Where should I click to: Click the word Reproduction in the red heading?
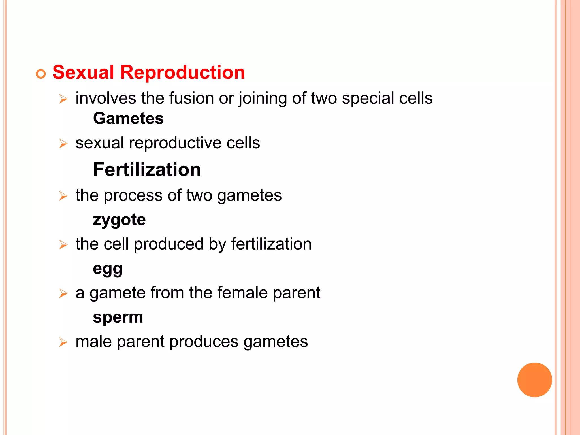[x=182, y=72]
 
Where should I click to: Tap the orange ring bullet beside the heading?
[x=41, y=74]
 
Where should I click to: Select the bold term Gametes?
[x=128, y=118]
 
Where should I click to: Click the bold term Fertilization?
[x=147, y=170]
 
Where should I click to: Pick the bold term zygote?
[x=119, y=220]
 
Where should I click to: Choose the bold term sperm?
[x=118, y=317]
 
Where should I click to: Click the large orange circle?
[x=534, y=380]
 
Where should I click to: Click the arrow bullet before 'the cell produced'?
[x=63, y=245]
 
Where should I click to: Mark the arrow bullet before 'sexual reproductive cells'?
[x=63, y=144]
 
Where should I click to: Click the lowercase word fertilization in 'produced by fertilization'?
[x=271, y=244]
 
